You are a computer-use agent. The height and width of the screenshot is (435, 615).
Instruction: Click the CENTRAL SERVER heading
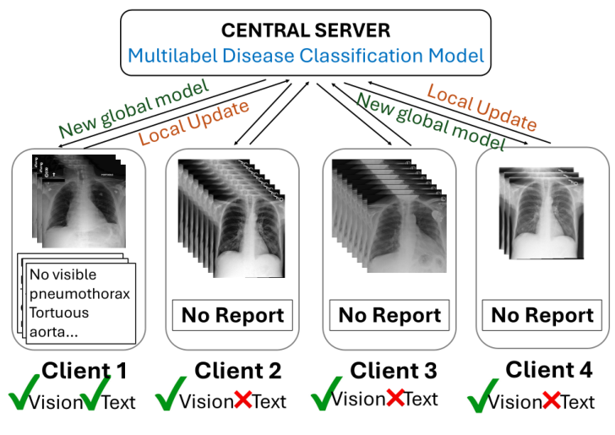point(307,30)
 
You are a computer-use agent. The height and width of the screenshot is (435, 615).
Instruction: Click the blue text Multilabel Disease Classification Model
point(307,57)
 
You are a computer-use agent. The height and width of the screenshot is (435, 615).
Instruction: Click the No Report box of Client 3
point(389,316)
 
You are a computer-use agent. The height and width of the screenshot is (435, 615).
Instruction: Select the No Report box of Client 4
point(542,316)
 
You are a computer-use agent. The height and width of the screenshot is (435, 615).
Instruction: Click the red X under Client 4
point(551,400)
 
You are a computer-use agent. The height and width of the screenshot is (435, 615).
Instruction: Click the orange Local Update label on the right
point(482,106)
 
